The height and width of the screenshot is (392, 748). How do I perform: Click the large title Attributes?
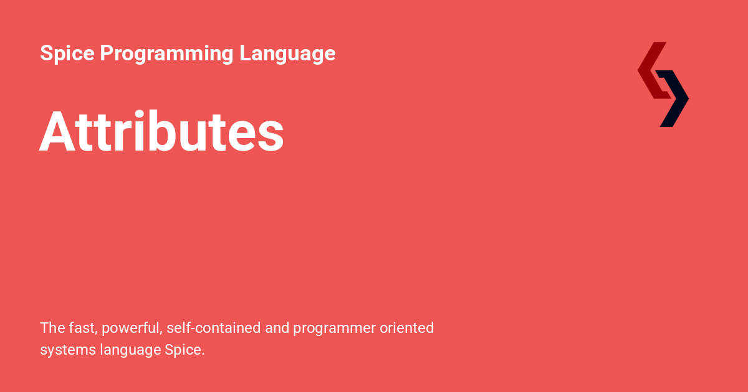pyautogui.click(x=161, y=132)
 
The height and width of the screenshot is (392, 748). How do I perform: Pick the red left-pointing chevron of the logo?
pyautogui.click(x=651, y=70)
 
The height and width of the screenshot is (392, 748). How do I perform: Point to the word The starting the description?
pyautogui.click(x=52, y=328)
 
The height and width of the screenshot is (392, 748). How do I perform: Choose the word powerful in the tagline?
pyautogui.click(x=130, y=328)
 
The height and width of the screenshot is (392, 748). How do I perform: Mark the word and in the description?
pyautogui.click(x=277, y=328)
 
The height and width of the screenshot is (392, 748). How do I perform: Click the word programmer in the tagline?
pyautogui.click(x=334, y=329)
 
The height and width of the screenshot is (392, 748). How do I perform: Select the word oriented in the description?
pyautogui.click(x=407, y=328)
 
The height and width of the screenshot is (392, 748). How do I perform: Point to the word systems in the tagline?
pyautogui.click(x=67, y=350)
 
